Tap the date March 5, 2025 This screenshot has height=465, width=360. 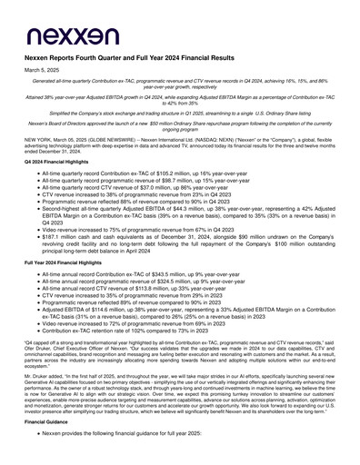pyautogui.click(x=39, y=70)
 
